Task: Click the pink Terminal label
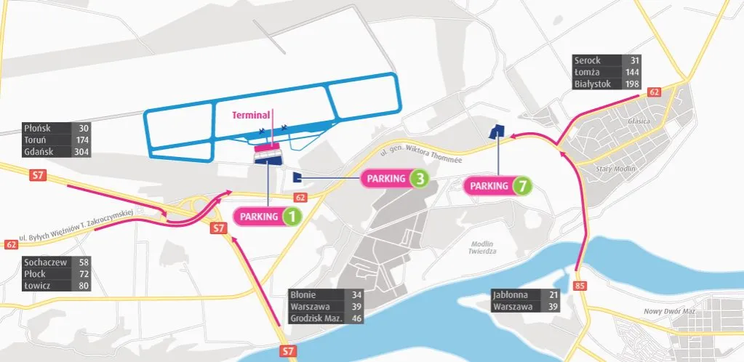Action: [x=251, y=115]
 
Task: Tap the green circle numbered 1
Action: [x=292, y=216]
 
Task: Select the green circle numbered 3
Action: [x=419, y=178]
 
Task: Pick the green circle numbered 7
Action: [x=521, y=186]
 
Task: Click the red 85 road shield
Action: [x=579, y=286]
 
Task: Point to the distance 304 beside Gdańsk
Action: [x=81, y=152]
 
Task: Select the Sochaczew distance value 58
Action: [x=84, y=262]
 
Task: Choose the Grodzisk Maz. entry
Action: [x=314, y=318]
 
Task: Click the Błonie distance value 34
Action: [x=356, y=295]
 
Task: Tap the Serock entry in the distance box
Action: [x=587, y=60]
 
